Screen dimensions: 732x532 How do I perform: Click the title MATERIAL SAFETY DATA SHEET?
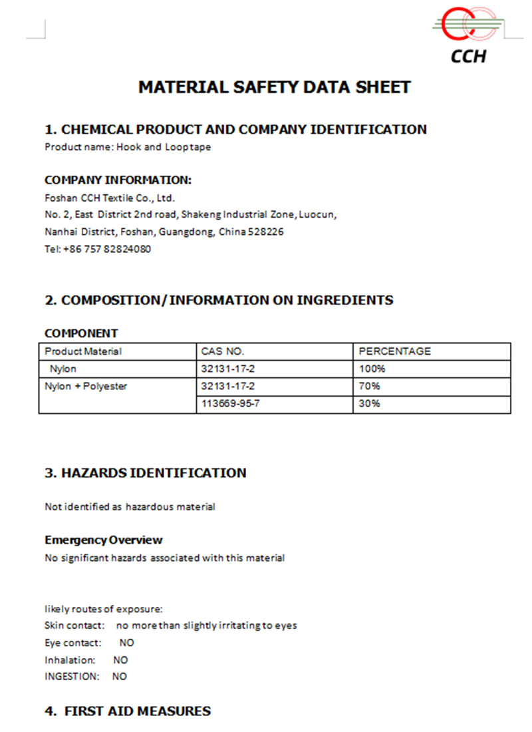click(274, 87)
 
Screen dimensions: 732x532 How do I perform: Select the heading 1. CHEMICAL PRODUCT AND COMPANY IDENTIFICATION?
click(235, 130)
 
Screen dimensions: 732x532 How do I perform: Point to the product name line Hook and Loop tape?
click(128, 147)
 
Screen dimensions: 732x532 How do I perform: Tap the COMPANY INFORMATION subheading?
click(118, 180)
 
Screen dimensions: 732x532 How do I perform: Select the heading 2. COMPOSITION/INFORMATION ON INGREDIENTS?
click(219, 300)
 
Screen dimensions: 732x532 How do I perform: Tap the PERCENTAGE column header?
click(394, 351)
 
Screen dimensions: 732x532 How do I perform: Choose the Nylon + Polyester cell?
click(86, 386)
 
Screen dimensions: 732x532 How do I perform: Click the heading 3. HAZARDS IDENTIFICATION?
click(146, 473)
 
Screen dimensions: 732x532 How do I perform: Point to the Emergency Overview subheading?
click(104, 540)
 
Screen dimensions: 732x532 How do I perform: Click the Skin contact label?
click(74, 626)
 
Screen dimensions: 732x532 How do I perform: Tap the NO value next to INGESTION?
click(119, 677)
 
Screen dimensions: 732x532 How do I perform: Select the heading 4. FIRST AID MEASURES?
click(128, 711)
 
